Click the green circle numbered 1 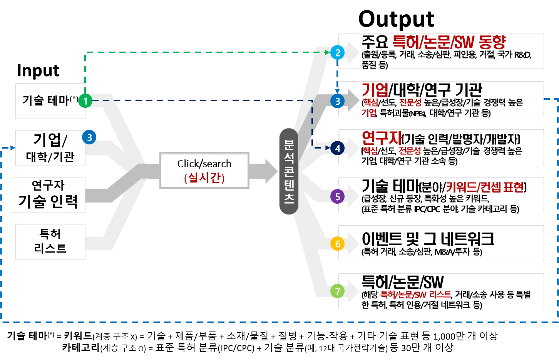[x=85, y=101]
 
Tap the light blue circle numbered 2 [x=338, y=52]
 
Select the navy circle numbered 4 [x=338, y=148]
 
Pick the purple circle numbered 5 [x=338, y=196]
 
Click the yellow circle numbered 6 [x=338, y=244]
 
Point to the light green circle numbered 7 [x=338, y=291]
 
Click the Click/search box [x=204, y=171]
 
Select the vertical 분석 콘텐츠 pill [x=289, y=171]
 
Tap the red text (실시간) [x=204, y=177]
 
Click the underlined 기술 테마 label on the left [x=45, y=101]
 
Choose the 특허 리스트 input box [x=50, y=241]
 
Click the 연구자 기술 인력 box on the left [x=48, y=195]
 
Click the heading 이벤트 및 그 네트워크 [x=428, y=239]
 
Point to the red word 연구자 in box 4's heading [x=381, y=138]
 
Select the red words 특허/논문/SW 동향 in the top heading [x=449, y=42]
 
